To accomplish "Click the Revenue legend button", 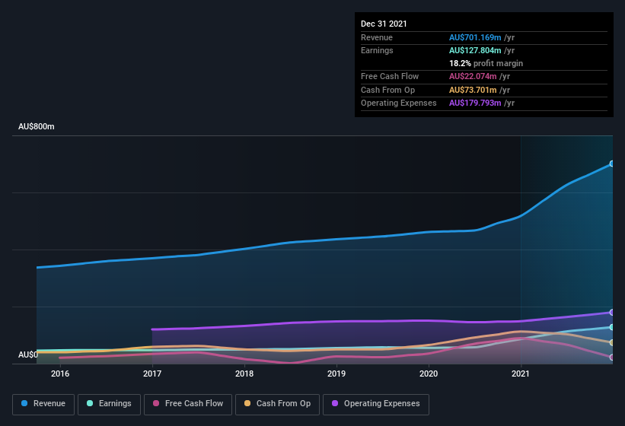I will (x=43, y=403).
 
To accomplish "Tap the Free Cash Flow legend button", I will (x=188, y=403).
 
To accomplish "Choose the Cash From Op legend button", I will (x=277, y=403).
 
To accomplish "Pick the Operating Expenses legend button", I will (x=376, y=403).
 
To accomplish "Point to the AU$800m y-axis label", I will (x=37, y=126).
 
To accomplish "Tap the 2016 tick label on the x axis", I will (x=60, y=374).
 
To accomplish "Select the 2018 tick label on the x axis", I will (x=244, y=374).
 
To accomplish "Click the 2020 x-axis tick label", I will (x=429, y=374).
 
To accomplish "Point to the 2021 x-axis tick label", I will (x=521, y=374).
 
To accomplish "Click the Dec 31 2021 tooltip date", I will (x=384, y=24).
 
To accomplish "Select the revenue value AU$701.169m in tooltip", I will (x=475, y=37).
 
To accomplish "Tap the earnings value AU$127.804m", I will (x=475, y=50).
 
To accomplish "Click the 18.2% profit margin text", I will (x=486, y=63).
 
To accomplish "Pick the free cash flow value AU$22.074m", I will (x=472, y=76).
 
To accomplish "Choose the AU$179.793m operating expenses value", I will (x=475, y=103).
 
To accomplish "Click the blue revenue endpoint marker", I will (x=612, y=164).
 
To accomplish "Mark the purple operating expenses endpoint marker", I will (x=612, y=313).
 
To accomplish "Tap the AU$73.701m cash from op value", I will (x=472, y=90).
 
